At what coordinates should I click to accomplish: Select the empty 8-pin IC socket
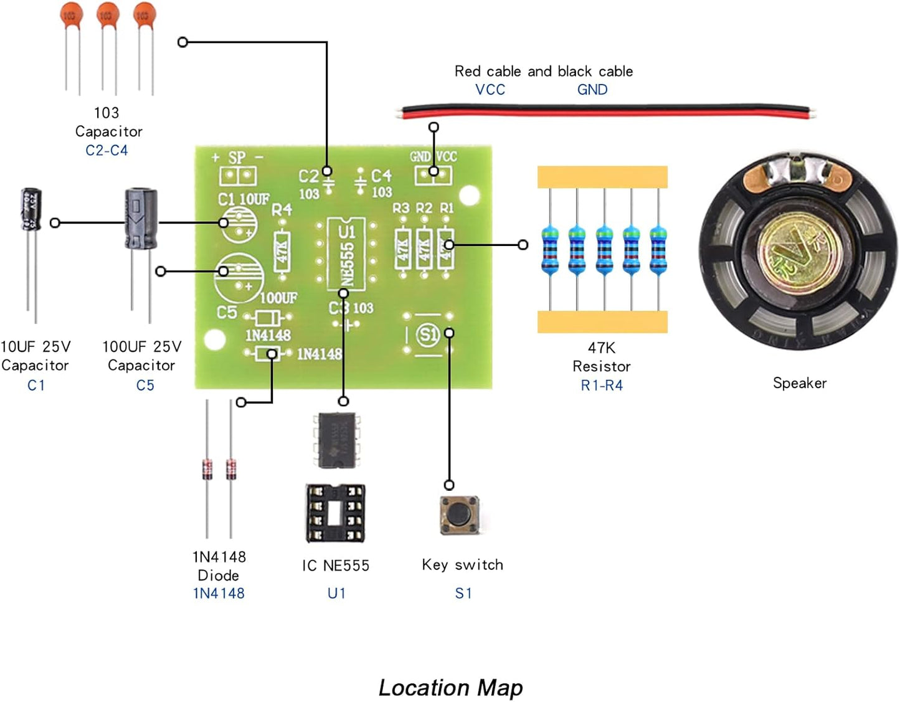coord(335,513)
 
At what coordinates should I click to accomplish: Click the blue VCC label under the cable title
coord(490,90)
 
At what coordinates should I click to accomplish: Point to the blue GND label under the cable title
coord(592,90)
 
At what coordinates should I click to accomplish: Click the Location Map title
coord(450,687)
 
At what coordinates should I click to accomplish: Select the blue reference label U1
coord(336,593)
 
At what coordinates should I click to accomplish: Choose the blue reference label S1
coord(463,593)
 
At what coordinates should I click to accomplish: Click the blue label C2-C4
coord(107,150)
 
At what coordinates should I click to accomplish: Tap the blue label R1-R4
coord(601,386)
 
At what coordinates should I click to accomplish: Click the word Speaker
coord(800,383)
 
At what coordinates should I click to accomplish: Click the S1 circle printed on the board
coord(427,334)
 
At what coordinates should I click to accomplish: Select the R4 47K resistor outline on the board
coord(282,250)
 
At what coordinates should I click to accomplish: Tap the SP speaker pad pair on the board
coord(238,176)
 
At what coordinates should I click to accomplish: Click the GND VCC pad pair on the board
coord(433,174)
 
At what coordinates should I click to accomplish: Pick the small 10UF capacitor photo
coord(31,210)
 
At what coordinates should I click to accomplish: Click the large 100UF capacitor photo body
coord(141,219)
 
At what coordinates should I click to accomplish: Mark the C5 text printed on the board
coord(227,312)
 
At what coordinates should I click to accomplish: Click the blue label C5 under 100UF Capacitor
coord(144,386)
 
